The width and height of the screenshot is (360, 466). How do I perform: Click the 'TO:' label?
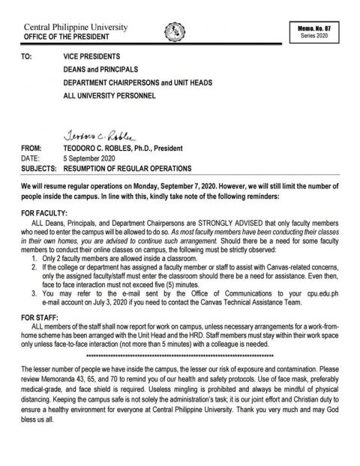[x=28, y=56]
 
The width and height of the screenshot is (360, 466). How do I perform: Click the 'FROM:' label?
[x=31, y=146]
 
